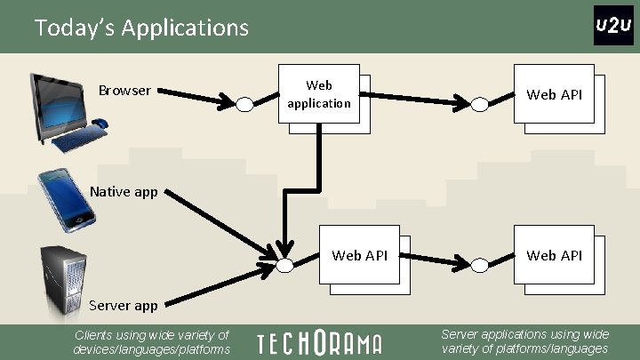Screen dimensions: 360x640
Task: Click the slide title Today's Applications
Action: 141,28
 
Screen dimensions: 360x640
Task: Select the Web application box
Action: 319,95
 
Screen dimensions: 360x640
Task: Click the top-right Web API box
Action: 554,94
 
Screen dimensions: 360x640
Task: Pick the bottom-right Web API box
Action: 554,256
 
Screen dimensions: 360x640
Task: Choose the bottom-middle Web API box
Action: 359,256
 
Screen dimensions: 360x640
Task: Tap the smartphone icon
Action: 67,199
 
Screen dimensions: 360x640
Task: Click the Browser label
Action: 124,91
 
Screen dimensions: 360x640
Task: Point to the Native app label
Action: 124,191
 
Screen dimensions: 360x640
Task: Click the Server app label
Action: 123,305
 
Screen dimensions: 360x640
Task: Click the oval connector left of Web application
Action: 245,104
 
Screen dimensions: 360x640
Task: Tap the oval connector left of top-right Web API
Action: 480,104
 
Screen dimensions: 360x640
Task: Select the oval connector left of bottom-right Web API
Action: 480,265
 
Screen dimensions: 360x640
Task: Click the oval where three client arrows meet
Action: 284,265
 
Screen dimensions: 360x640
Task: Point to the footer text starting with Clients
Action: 151,342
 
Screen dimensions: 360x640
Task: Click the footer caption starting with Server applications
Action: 524,342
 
